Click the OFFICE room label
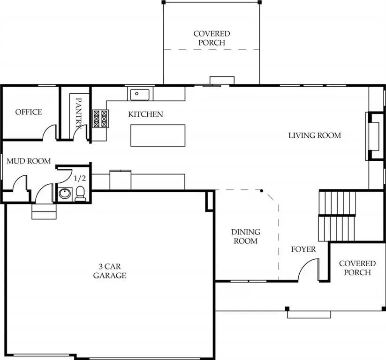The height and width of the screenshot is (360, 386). [x=29, y=112]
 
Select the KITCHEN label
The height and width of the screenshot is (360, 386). [x=146, y=114]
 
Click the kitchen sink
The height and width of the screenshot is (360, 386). [x=139, y=94]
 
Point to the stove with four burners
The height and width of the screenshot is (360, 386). [x=100, y=119]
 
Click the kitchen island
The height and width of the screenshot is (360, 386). [x=158, y=135]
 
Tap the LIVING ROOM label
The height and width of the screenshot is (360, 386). [x=314, y=135]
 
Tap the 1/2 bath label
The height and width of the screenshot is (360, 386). [x=80, y=178]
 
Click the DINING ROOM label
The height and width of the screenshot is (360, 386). [x=245, y=237]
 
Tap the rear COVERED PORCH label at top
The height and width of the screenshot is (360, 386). [x=212, y=38]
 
